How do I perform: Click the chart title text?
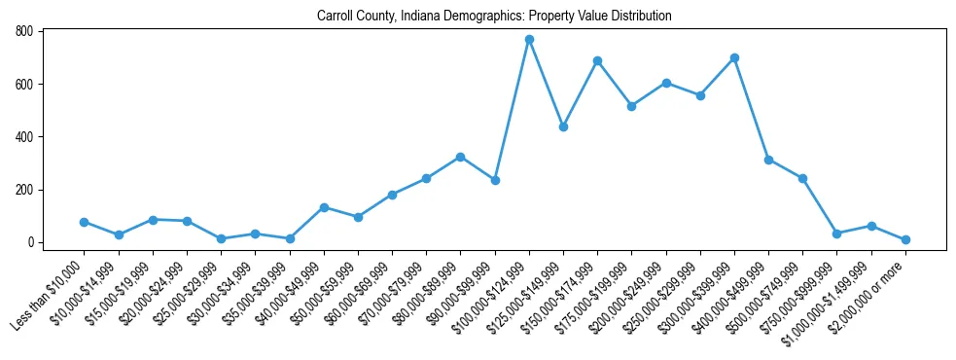[494, 17]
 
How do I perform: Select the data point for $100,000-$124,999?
[529, 40]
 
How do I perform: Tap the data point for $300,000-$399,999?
[734, 58]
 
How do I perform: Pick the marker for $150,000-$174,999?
[597, 61]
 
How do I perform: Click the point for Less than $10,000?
[85, 222]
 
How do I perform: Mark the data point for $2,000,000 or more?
[905, 239]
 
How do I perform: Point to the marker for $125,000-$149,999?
[563, 126]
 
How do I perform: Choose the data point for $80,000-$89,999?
[461, 157]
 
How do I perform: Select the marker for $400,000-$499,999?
[768, 160]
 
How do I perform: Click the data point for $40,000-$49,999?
[324, 207]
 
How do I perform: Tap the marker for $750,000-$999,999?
[836, 234]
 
